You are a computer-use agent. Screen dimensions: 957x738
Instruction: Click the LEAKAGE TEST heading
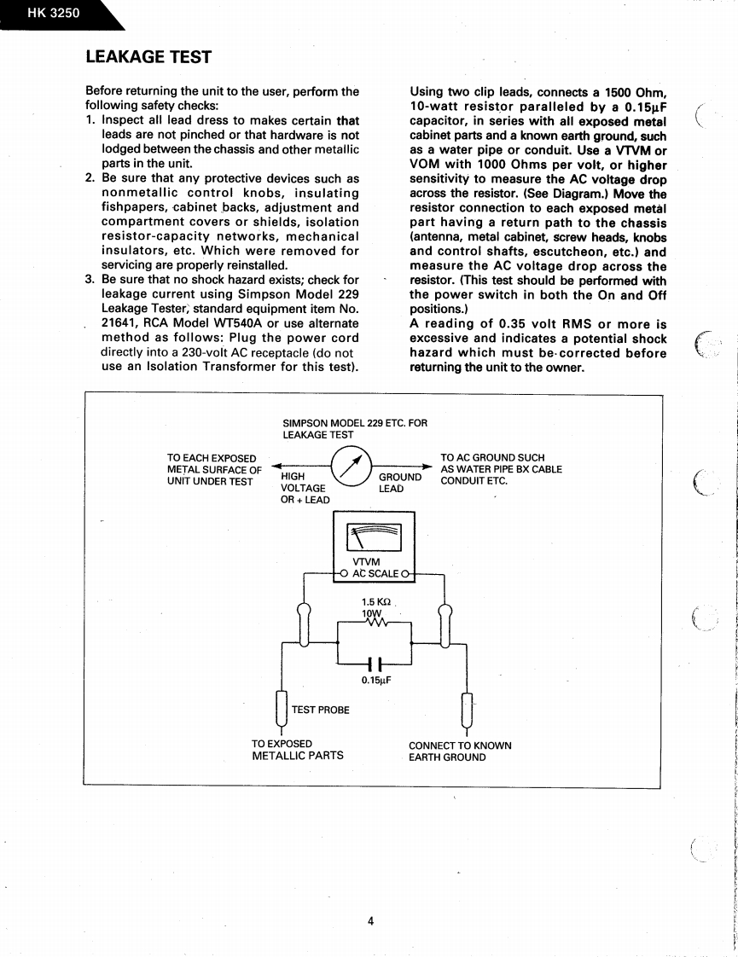(148, 57)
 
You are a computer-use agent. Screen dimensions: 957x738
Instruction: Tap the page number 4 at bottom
(371, 920)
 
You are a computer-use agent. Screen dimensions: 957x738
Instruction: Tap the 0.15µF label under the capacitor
(375, 681)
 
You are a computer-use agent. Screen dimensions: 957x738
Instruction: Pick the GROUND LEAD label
(398, 483)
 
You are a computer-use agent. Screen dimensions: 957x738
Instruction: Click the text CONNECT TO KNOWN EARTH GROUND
(460, 751)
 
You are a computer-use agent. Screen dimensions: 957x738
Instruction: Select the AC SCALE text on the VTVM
(375, 573)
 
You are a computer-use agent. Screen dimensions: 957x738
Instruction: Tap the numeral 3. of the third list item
(90, 280)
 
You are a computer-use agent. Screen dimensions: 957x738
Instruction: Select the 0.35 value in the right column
(508, 324)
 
